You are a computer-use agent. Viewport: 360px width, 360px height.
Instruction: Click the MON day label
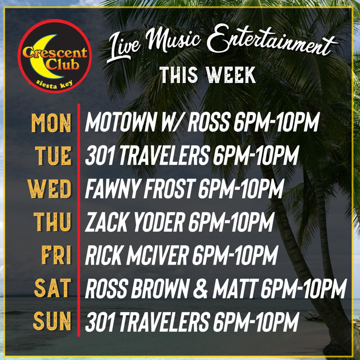(51, 123)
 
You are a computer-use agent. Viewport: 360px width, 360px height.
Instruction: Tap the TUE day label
(53, 156)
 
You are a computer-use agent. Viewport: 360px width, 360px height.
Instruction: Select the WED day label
(49, 189)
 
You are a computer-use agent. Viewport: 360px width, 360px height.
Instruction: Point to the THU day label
(52, 222)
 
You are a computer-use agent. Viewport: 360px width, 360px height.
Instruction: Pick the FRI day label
(56, 254)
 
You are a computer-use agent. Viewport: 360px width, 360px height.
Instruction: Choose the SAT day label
(53, 288)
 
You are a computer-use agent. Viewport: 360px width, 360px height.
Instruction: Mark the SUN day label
(52, 321)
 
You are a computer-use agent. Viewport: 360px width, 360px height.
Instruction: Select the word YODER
(159, 222)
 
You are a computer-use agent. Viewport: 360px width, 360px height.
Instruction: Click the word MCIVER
(157, 255)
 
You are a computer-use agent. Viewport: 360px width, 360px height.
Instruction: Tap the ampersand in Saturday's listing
(201, 288)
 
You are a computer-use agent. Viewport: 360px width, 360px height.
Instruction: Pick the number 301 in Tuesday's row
(100, 156)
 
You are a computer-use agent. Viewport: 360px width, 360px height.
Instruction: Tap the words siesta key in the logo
(54, 84)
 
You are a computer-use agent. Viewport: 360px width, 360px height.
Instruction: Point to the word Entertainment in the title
(271, 41)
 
